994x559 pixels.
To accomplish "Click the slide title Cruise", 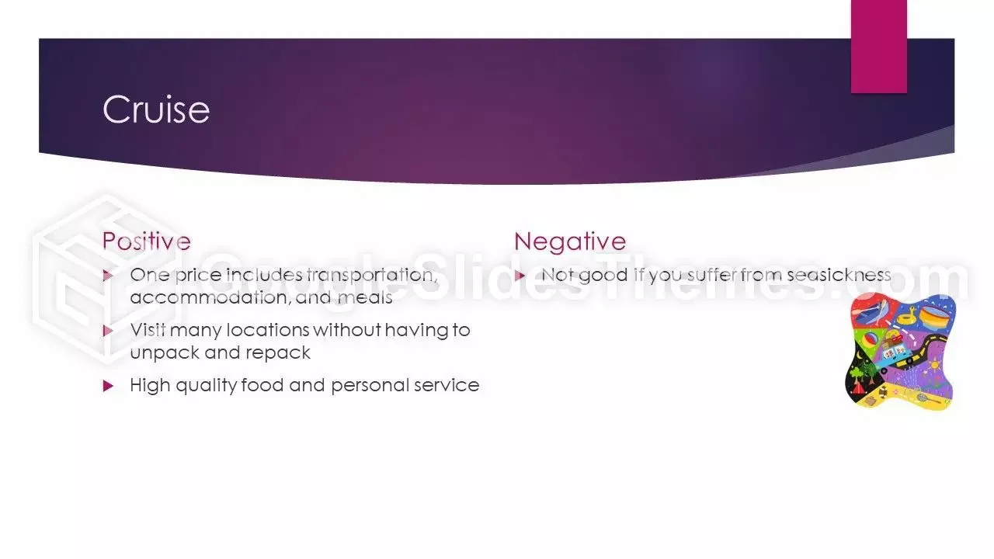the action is coord(156,109).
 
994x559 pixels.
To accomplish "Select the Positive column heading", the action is coord(147,241).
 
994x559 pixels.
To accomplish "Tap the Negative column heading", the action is coord(570,241).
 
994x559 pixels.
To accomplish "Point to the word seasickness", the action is coord(839,275).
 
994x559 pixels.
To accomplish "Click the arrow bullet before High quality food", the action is coord(108,386).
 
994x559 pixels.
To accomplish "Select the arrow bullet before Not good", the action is coord(520,276).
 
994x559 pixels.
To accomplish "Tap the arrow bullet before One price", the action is coord(108,276).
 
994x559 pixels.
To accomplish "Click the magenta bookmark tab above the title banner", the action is coord(878,46).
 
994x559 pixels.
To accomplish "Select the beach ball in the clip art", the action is coord(870,342).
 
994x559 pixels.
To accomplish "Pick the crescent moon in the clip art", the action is coord(860,355).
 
